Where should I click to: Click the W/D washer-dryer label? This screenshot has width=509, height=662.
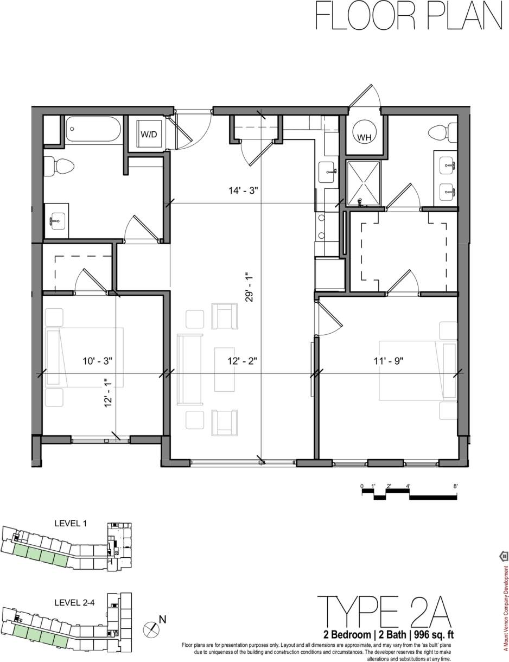pos(148,134)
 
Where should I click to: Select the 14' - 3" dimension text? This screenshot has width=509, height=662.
pos(243,190)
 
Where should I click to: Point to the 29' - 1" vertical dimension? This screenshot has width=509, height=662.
pos(249,287)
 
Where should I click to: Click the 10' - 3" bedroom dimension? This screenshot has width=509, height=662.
pos(97,360)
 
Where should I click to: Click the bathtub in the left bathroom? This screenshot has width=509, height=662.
pos(93,129)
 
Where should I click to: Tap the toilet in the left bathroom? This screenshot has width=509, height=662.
pos(54,167)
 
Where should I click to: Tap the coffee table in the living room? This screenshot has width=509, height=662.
pos(224,369)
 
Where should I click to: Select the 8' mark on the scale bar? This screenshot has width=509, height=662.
pos(456,486)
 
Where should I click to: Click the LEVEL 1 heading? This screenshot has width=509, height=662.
pos(71,524)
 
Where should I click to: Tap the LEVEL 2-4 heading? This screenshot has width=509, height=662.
pos(74,602)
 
